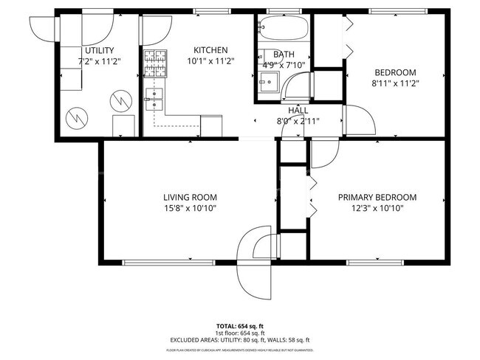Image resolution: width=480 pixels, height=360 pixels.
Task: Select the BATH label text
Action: coord(283,55)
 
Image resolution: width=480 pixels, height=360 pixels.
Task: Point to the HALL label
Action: coord(298,110)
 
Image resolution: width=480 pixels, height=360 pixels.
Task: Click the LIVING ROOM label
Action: coord(190,197)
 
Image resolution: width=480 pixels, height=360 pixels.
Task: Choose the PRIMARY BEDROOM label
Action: coord(377,197)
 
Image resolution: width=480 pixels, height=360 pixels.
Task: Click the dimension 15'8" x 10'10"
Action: coord(190,208)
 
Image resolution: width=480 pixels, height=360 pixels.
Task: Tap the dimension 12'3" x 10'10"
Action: coord(377,208)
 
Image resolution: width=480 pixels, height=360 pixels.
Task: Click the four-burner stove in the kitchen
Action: coord(155,58)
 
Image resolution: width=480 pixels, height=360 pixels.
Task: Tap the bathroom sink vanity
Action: coord(268,82)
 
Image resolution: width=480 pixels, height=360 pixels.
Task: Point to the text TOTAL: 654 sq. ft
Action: coord(240,325)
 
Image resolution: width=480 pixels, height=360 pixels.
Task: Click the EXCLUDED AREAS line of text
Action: coord(240,339)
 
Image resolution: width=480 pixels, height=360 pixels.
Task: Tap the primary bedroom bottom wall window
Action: coord(379,261)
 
